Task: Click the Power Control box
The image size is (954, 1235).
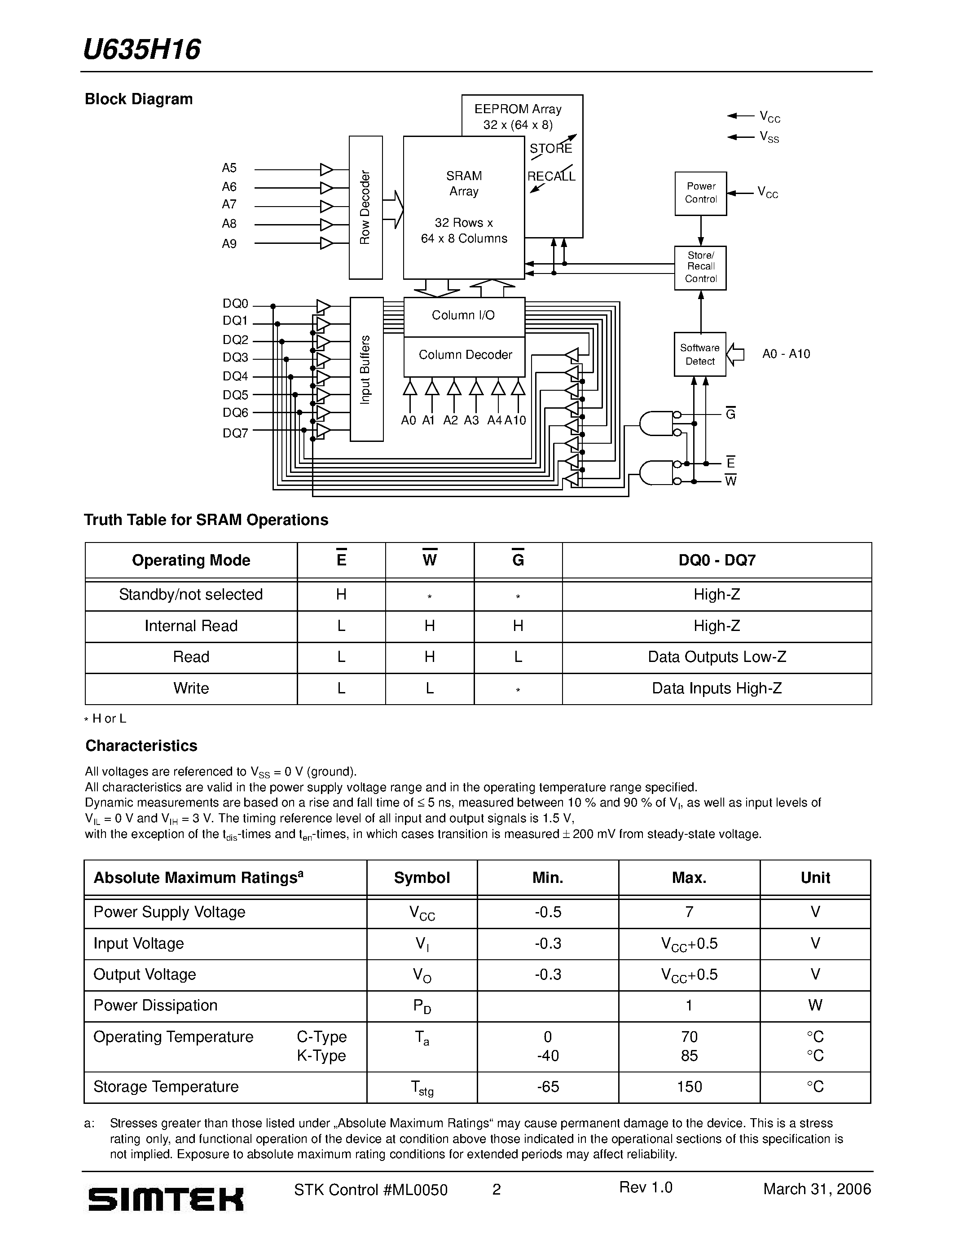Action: (700, 194)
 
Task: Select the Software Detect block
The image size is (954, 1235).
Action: (700, 354)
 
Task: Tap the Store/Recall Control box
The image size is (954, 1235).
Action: (700, 268)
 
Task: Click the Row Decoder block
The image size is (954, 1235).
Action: (365, 207)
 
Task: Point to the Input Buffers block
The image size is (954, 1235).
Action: (366, 369)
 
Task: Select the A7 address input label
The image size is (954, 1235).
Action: (229, 204)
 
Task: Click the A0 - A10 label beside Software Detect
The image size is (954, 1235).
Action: (786, 354)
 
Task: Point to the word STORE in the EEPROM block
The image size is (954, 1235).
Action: (550, 149)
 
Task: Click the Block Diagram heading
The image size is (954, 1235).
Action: (138, 99)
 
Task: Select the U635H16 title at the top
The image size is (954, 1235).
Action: (141, 50)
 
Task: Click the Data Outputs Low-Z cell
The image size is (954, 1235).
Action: (717, 657)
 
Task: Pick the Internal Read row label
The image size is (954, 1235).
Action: (191, 626)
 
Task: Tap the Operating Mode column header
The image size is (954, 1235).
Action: (191, 560)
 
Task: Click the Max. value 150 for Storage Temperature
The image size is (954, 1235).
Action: (689, 1087)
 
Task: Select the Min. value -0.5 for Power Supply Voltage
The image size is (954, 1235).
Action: (548, 912)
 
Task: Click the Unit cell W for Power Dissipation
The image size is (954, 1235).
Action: (815, 1006)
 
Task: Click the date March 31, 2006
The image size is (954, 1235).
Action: (817, 1189)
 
